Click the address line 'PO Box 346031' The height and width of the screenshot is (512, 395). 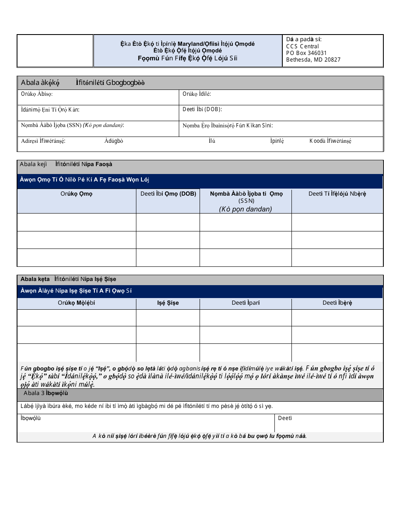click(x=306, y=53)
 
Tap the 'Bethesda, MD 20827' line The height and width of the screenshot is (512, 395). click(x=313, y=60)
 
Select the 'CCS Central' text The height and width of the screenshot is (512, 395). click(x=303, y=46)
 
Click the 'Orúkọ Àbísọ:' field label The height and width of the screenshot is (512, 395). click(x=37, y=94)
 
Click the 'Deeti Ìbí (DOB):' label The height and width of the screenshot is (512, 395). click(x=202, y=109)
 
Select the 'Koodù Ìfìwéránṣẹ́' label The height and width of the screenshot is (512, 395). click(x=330, y=141)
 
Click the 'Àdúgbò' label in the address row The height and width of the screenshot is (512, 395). click(x=114, y=141)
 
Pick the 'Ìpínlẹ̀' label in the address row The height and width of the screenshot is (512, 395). click(x=277, y=141)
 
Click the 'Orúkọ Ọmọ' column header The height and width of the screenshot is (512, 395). click(x=77, y=194)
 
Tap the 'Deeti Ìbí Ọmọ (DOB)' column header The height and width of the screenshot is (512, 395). click(x=168, y=194)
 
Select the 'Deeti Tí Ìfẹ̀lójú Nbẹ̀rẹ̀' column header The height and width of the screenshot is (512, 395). click(x=337, y=194)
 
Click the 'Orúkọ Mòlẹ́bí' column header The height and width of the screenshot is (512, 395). click(x=77, y=303)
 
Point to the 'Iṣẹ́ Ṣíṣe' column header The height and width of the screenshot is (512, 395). click(x=168, y=303)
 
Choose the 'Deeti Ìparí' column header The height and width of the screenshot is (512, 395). click(x=245, y=303)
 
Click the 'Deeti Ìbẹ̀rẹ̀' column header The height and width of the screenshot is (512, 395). click(x=337, y=303)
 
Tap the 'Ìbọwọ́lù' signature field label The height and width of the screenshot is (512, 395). click(x=31, y=418)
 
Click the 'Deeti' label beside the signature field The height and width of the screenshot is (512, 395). click(x=285, y=418)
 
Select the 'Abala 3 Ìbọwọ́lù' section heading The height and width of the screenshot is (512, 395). click(x=46, y=393)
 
